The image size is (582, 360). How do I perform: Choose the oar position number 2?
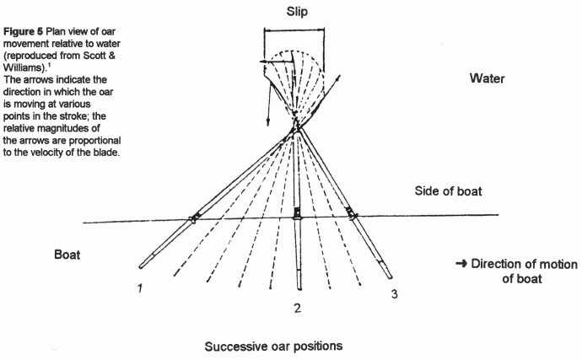297,308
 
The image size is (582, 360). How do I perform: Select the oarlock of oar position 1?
194,218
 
